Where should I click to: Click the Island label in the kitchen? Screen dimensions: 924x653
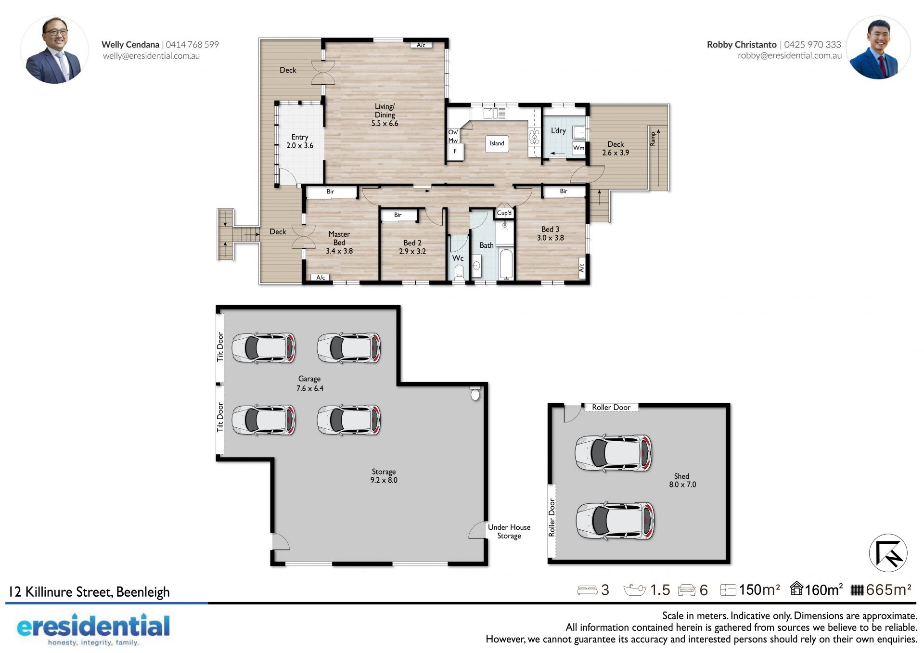(x=497, y=143)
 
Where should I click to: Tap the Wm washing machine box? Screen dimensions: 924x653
(x=578, y=148)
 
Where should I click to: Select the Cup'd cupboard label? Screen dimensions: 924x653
(x=504, y=213)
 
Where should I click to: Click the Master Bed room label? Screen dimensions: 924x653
(x=339, y=238)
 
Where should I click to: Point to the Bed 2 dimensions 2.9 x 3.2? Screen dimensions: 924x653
(x=412, y=251)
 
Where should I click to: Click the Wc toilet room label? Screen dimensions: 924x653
(x=458, y=258)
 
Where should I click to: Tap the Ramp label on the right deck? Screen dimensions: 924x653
(x=653, y=139)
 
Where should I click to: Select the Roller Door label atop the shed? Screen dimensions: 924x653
(x=611, y=408)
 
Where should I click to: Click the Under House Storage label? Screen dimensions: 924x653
(x=509, y=531)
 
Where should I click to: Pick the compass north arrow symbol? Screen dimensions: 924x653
(x=888, y=553)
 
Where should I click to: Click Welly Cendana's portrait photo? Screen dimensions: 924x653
(x=54, y=50)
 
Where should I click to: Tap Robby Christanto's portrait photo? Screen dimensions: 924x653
(x=878, y=48)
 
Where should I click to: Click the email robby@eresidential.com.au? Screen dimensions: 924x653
(x=790, y=55)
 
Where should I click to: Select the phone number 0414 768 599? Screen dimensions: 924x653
(x=192, y=44)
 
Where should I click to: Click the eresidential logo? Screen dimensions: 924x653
(x=93, y=629)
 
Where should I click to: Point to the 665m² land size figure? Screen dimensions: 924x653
(x=888, y=589)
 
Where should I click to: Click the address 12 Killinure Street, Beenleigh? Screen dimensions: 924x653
(x=90, y=591)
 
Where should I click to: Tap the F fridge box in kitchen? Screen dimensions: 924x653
(x=455, y=151)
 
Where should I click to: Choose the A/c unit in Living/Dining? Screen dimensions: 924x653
(x=421, y=45)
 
